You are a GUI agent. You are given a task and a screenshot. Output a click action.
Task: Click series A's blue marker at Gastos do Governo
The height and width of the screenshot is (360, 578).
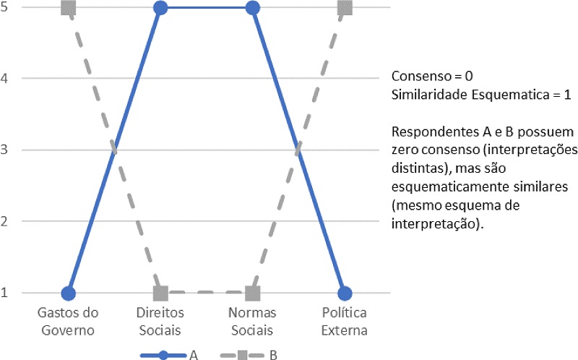(x=69, y=293)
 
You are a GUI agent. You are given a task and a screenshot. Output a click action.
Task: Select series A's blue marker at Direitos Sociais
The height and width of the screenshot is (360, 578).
(x=160, y=9)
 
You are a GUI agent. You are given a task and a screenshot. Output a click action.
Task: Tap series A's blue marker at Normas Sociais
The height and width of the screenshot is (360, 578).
(x=252, y=9)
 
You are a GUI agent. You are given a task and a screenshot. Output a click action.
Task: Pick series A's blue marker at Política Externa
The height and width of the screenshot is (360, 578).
(x=345, y=293)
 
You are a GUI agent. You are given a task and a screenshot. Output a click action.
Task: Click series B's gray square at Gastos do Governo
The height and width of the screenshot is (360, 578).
(x=69, y=9)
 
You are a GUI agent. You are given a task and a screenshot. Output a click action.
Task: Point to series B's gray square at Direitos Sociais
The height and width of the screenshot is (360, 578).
(x=160, y=293)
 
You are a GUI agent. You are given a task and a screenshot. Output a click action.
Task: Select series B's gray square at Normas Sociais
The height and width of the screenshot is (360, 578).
(x=252, y=293)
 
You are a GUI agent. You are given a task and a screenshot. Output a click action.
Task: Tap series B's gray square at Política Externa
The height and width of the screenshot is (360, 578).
(x=345, y=9)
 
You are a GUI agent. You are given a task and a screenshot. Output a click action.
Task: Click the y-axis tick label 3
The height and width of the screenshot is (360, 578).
(x=7, y=150)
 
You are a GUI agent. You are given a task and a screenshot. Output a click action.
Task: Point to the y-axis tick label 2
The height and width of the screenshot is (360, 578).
(x=7, y=221)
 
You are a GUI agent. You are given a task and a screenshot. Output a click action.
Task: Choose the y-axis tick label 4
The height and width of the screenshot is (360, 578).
(x=7, y=79)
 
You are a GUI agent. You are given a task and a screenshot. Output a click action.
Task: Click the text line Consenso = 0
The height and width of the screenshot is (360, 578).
(x=433, y=76)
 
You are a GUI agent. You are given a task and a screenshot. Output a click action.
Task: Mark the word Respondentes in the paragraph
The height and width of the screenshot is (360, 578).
(x=428, y=134)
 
